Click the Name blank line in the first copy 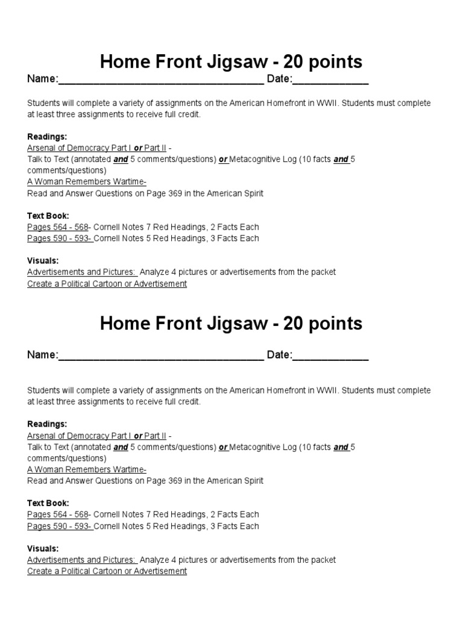(x=161, y=81)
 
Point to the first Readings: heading (x=47, y=137)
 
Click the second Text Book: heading (x=48, y=503)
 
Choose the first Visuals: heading (x=43, y=260)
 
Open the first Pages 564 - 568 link (x=58, y=227)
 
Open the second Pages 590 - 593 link (x=59, y=526)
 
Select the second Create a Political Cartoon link (x=107, y=571)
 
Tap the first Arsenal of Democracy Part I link (x=79, y=148)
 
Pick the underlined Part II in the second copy (x=156, y=436)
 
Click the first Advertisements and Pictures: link (x=82, y=272)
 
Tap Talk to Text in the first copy (x=48, y=160)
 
